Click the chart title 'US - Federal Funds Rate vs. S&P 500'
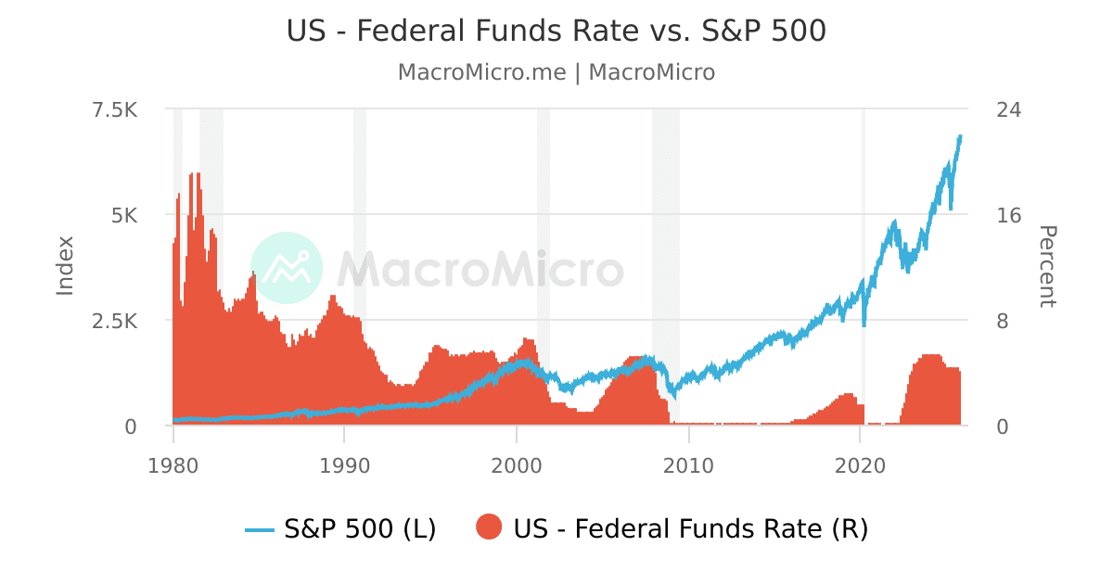click(x=556, y=31)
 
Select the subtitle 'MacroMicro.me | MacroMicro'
click(x=556, y=72)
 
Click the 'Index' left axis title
click(x=65, y=266)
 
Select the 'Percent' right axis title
click(x=1046, y=266)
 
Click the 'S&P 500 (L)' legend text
click(x=360, y=528)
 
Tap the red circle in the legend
click(x=489, y=528)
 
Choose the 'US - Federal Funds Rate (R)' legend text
click(x=690, y=528)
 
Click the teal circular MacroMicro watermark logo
click(x=287, y=268)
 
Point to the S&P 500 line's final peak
click(x=960, y=136)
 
